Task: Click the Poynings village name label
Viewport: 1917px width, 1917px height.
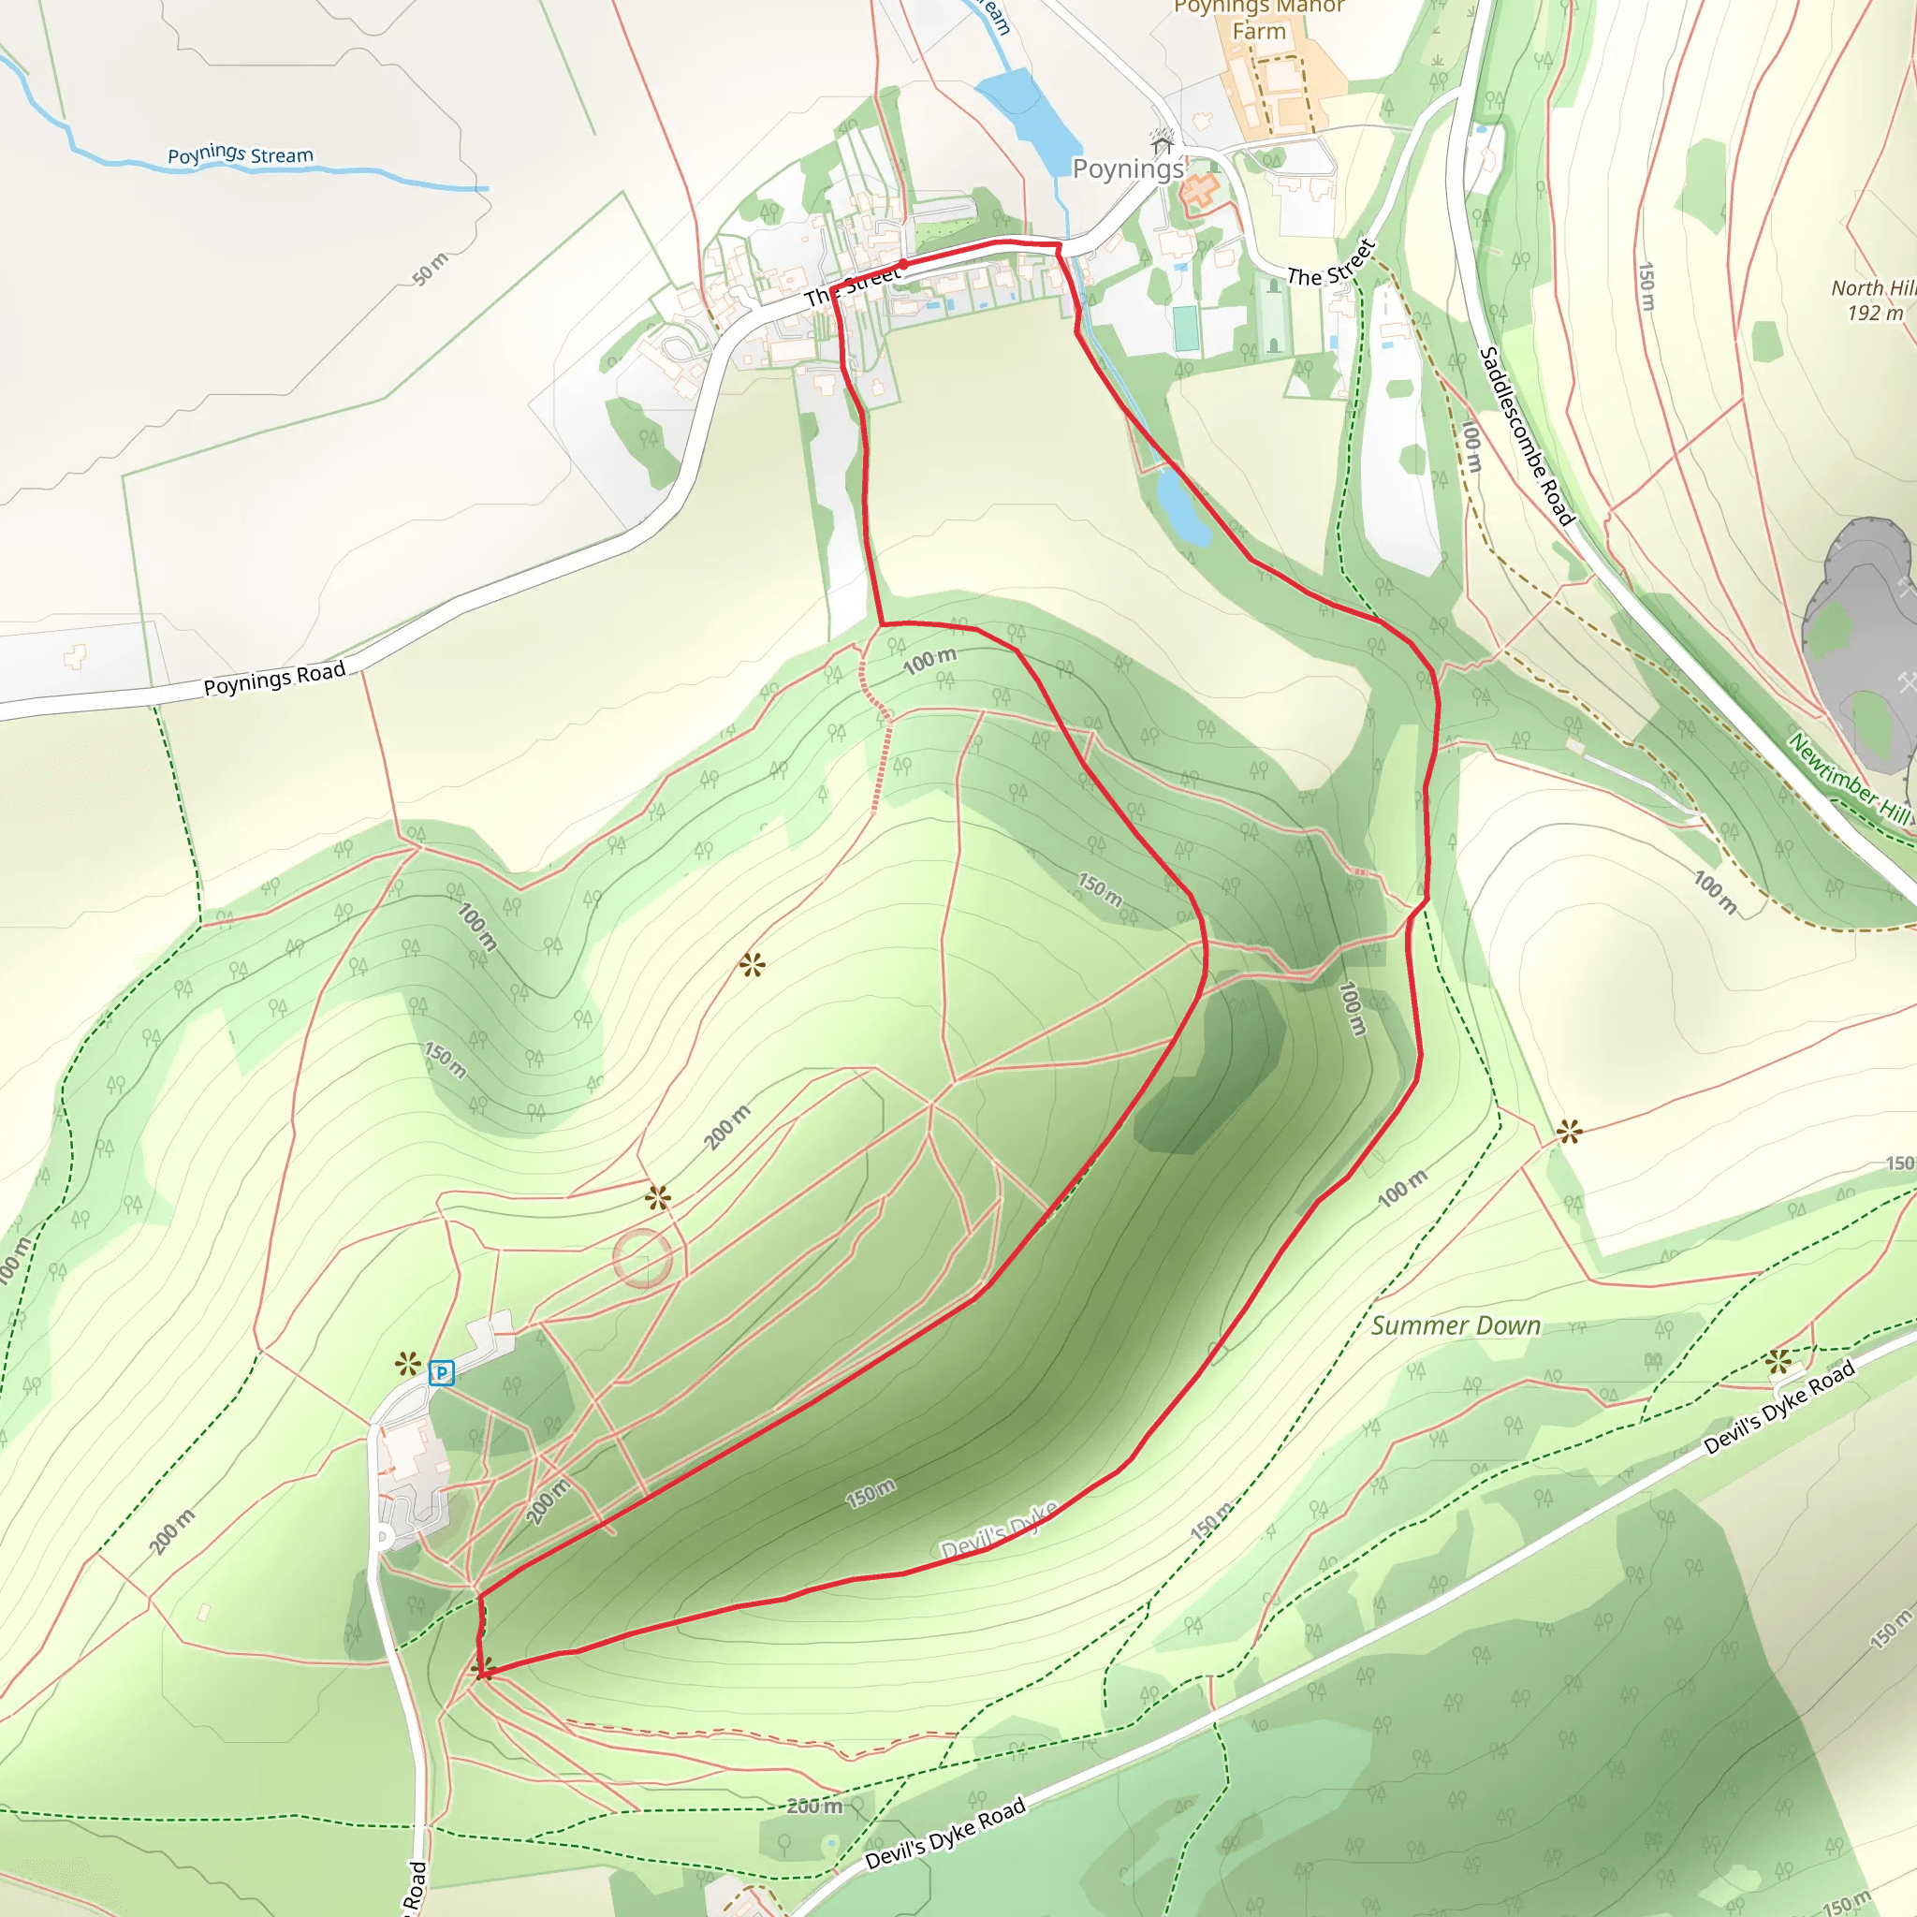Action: (x=1128, y=168)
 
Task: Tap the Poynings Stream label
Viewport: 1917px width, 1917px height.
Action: (x=241, y=154)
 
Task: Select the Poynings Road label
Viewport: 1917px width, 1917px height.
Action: (x=274, y=679)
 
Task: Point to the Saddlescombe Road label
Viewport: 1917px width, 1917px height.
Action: (x=1526, y=435)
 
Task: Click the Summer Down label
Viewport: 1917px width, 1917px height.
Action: (x=1456, y=1325)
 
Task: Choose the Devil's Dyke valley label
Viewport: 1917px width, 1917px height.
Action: (x=998, y=1530)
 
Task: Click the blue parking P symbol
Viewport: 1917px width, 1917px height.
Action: (x=441, y=1373)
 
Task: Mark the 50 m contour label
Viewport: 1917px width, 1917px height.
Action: (x=431, y=269)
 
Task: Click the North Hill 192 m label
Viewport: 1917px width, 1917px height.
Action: (x=1873, y=300)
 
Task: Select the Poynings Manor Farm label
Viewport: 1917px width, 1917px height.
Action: (x=1258, y=20)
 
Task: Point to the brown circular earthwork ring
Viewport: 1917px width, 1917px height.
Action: (x=643, y=1257)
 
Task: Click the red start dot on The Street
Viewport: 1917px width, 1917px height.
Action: (x=903, y=265)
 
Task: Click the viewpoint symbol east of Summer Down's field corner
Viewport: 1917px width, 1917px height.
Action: (x=1569, y=1131)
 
